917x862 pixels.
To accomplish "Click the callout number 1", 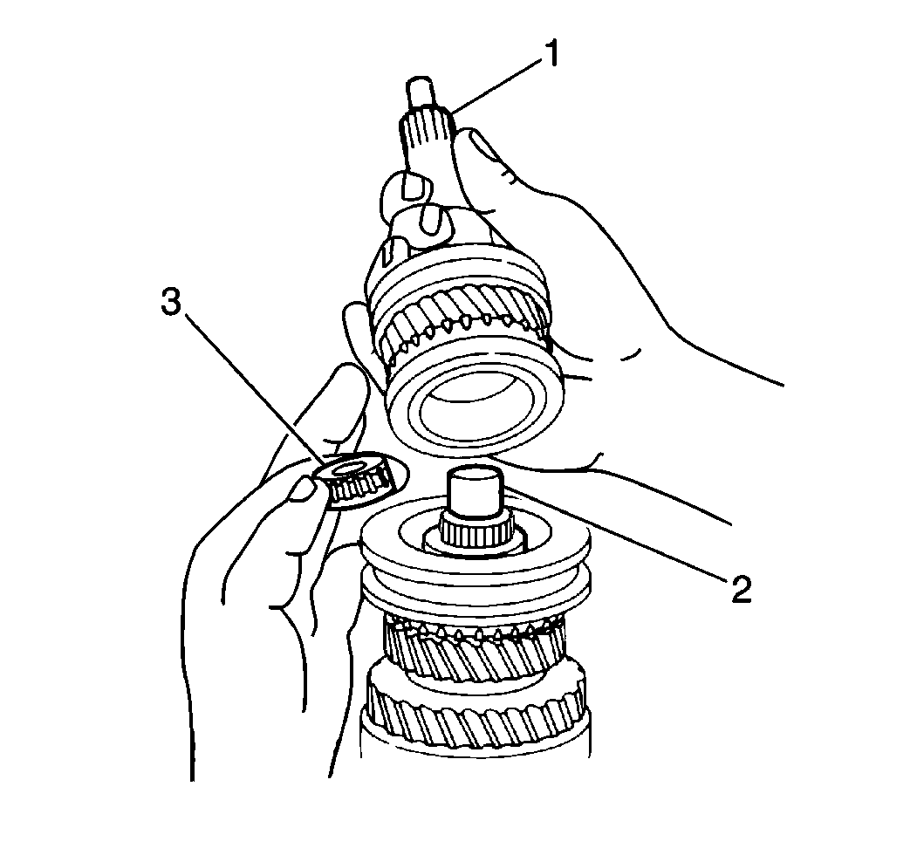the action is (x=551, y=54).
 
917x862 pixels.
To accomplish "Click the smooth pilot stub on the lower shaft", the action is (x=475, y=492).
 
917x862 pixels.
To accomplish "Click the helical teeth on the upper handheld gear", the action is (x=463, y=317).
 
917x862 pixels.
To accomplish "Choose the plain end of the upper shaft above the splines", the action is (x=421, y=92).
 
